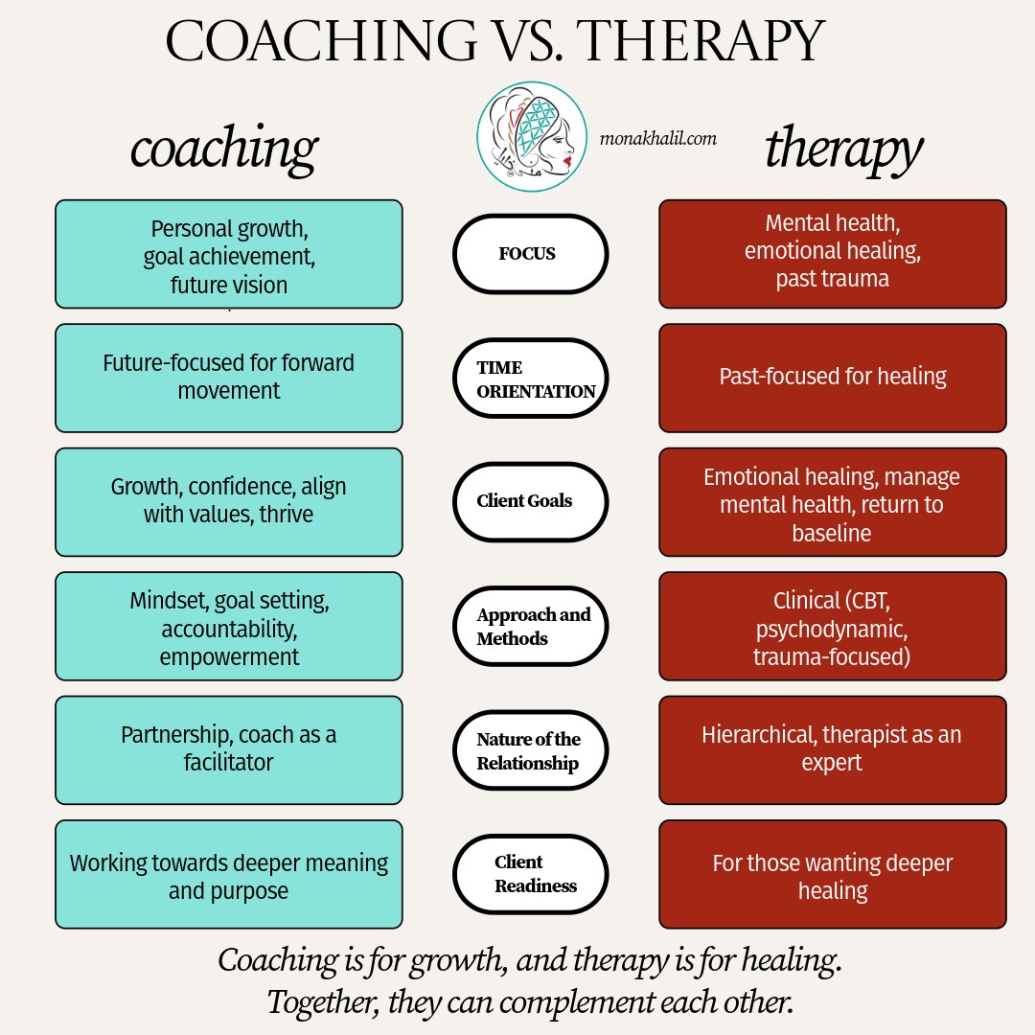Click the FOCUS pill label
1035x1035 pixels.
point(530,254)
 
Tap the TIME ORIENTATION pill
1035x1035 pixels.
point(530,379)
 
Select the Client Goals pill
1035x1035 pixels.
point(530,501)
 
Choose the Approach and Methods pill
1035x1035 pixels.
point(530,626)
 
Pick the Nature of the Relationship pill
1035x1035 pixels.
point(530,750)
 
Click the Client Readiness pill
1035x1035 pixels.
point(530,874)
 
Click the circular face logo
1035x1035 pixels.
point(532,137)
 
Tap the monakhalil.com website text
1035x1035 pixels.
point(657,138)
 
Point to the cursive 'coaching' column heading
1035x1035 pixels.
point(224,149)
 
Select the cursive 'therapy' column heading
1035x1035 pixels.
point(843,149)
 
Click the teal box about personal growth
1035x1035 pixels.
point(229,255)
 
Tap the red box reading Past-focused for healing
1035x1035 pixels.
point(833,378)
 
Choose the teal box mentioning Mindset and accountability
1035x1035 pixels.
point(229,627)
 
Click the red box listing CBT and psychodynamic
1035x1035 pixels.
point(833,627)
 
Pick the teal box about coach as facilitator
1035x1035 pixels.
point(229,749)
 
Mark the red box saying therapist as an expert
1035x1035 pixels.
point(833,749)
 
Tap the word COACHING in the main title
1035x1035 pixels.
point(321,41)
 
